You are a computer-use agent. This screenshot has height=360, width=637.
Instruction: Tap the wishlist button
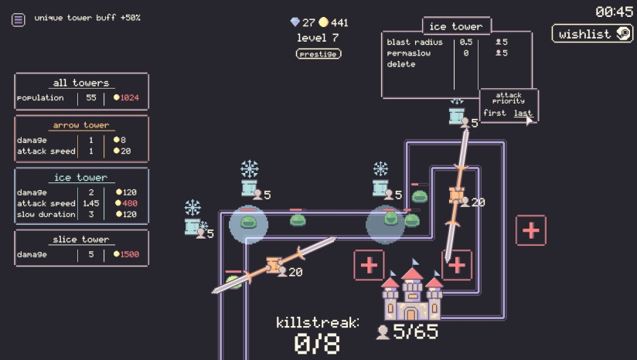click(592, 34)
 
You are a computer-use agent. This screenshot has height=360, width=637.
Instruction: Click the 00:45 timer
click(614, 12)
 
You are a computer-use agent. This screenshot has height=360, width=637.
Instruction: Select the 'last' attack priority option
click(523, 114)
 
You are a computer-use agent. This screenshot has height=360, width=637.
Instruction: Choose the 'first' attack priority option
click(495, 114)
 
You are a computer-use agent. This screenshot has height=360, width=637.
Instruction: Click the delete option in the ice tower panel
click(401, 64)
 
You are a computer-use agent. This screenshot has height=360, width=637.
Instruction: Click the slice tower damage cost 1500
click(127, 254)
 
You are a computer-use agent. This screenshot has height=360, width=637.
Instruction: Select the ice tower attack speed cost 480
click(127, 203)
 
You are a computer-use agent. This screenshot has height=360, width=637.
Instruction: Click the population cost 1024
click(127, 98)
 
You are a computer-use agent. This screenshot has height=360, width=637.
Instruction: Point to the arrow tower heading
click(81, 125)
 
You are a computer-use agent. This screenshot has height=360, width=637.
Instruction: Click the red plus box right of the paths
click(531, 230)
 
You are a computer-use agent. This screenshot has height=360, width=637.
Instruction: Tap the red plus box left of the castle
click(369, 265)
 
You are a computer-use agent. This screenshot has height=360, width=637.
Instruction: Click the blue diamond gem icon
click(295, 22)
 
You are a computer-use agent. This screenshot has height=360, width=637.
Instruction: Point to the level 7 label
click(318, 38)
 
